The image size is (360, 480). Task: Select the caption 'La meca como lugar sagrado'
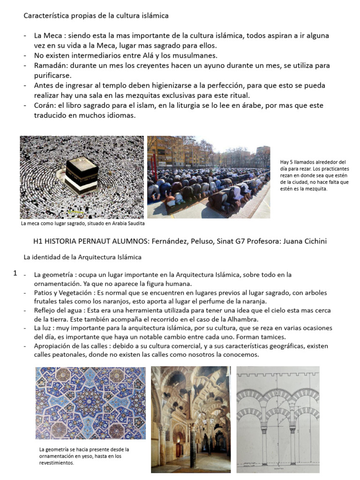82,224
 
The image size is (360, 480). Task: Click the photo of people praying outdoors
209,177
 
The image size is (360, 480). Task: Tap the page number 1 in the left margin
15,273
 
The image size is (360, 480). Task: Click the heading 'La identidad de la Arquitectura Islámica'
82,257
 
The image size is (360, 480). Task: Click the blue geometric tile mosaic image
90,403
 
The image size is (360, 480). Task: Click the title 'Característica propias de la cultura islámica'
96,16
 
